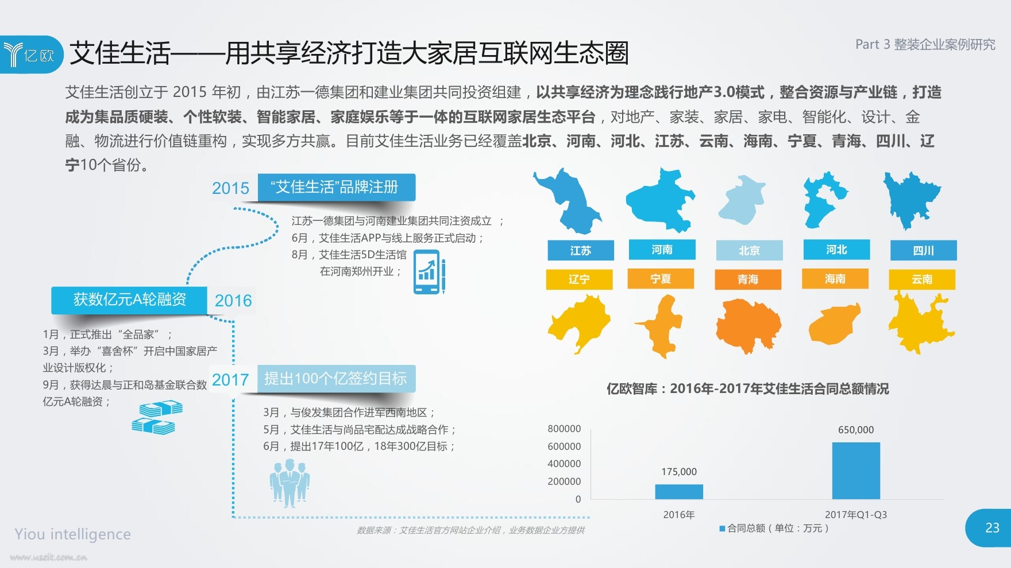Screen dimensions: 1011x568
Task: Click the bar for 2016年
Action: pos(679,492)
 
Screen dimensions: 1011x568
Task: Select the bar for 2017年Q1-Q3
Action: pos(856,470)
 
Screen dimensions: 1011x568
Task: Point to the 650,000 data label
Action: pos(856,430)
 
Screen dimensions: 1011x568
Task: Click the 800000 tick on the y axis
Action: pos(564,429)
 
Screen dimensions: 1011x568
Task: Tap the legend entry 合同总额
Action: pos(774,528)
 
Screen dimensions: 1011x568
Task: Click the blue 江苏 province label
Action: pos(581,251)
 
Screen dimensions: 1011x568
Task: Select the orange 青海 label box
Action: pos(748,279)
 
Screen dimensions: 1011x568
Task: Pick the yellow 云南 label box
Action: pos(922,279)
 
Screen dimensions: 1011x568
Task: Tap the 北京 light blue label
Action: pos(749,251)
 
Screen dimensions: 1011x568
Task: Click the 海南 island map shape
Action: pos(834,324)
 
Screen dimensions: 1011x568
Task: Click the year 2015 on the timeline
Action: pos(230,188)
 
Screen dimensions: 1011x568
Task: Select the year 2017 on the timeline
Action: pos(230,380)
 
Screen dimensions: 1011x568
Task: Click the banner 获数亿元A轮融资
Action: pos(129,300)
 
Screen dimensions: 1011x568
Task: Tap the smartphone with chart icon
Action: pos(430,272)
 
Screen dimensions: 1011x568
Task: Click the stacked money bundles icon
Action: pos(157,418)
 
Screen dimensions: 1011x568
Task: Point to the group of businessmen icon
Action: pos(290,482)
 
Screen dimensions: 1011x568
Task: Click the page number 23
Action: pos(992,528)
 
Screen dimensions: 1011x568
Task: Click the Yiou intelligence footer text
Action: pos(73,534)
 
